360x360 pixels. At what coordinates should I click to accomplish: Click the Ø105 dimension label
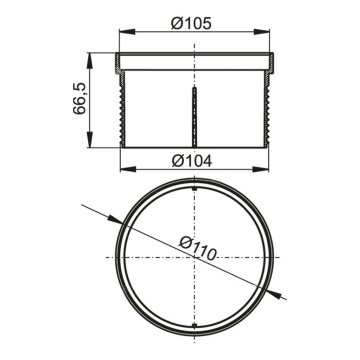pyautogui.click(x=191, y=23)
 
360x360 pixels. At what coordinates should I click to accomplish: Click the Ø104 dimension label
pyautogui.click(x=192, y=162)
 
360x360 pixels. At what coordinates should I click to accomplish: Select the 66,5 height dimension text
pyautogui.click(x=80, y=99)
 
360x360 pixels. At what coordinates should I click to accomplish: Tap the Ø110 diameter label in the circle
pyautogui.click(x=198, y=248)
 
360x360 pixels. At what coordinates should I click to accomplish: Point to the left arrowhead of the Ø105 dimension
pyautogui.click(x=127, y=32)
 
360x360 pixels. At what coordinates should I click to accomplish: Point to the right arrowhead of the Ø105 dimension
pyautogui.click(x=262, y=32)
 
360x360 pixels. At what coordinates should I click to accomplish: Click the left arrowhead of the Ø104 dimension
pyautogui.click(x=128, y=169)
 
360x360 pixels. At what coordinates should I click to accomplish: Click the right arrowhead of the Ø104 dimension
pyautogui.click(x=261, y=169)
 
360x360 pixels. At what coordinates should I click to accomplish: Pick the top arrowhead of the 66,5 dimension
pyautogui.click(x=90, y=60)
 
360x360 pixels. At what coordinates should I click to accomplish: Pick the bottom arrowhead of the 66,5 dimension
pyautogui.click(x=90, y=139)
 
